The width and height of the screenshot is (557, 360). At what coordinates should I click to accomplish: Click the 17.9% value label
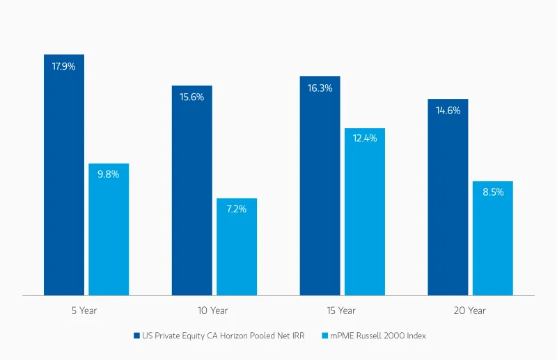pos(64,67)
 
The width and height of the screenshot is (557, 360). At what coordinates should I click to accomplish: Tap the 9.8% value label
pos(109,174)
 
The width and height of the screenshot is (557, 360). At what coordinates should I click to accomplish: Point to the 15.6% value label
pos(192,97)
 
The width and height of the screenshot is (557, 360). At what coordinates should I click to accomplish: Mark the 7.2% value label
pos(237,209)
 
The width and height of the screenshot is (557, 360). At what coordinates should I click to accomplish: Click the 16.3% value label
pos(320,88)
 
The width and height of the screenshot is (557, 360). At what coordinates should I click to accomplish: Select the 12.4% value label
pos(365,139)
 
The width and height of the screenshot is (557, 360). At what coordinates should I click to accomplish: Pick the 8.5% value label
pos(493,192)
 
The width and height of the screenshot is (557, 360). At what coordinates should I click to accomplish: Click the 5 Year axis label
pos(84,311)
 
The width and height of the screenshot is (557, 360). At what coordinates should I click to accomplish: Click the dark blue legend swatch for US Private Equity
pos(137,336)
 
